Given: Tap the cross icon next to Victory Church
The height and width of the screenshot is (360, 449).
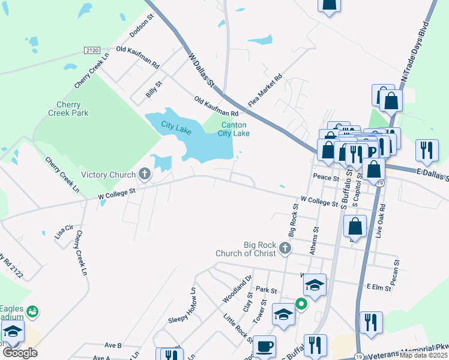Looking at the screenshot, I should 144,175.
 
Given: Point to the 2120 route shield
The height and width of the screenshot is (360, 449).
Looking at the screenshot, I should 92,50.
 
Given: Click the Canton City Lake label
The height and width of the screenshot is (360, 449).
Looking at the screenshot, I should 234,129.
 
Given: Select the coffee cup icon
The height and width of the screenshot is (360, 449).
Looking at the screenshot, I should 264,346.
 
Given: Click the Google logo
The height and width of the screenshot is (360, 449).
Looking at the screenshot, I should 20,353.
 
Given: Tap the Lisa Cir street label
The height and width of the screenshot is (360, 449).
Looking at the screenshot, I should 64,232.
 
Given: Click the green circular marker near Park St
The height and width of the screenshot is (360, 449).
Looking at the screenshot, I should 301,304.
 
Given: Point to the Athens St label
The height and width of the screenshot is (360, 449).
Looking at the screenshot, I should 314,240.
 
